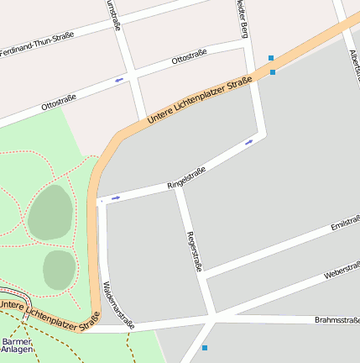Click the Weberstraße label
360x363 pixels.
(x=341, y=271)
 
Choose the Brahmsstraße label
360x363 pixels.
(x=337, y=320)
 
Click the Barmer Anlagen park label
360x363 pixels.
(x=17, y=345)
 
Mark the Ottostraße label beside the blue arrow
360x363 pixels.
(x=189, y=58)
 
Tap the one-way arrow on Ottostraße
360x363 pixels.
(x=119, y=80)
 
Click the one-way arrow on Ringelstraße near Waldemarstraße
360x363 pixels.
(x=115, y=198)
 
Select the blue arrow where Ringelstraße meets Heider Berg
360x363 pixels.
(x=248, y=142)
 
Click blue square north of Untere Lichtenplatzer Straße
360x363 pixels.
(x=270, y=58)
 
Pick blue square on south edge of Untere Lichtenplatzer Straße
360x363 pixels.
(x=273, y=72)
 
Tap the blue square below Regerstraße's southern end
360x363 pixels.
(x=204, y=347)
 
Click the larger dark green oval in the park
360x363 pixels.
(x=50, y=212)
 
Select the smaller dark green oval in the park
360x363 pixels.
(x=60, y=269)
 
